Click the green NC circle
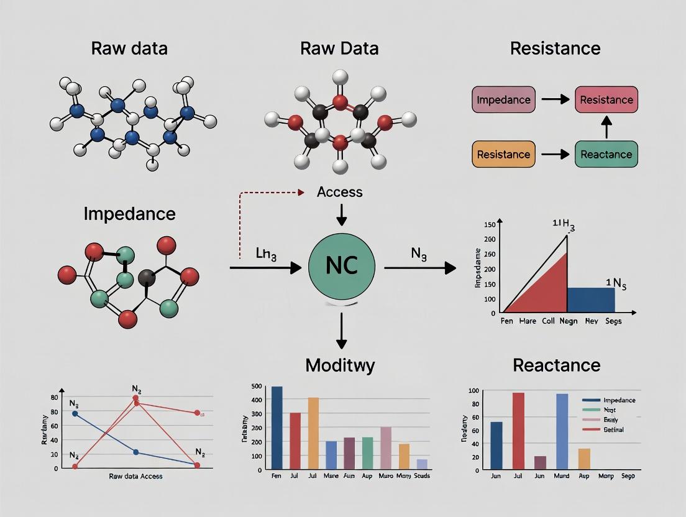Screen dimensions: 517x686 tap(341, 267)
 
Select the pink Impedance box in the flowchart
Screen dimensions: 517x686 tap(504, 99)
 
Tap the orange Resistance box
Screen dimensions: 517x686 tap(504, 154)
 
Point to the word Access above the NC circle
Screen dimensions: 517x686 tap(339, 192)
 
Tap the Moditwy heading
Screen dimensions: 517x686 tap(340, 365)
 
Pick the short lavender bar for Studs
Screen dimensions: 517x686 tap(422, 464)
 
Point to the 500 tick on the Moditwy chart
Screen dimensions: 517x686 tap(256, 387)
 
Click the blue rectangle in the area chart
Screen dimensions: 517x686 tap(591, 299)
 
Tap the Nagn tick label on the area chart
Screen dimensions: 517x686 tap(568, 321)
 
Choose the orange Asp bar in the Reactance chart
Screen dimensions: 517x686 tap(584, 458)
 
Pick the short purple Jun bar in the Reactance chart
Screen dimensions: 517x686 tap(540, 462)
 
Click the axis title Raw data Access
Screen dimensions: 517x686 tap(135, 476)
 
